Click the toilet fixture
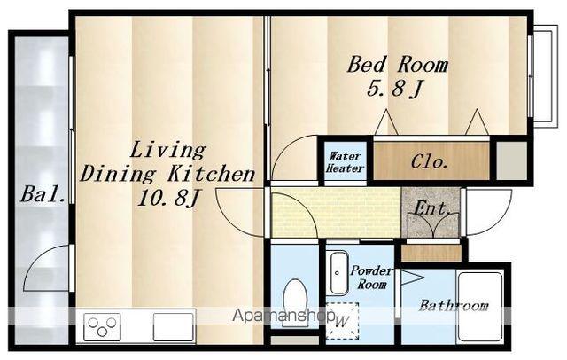click(x=295, y=302)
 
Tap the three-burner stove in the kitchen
click(x=102, y=327)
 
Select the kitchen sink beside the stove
click(x=174, y=327)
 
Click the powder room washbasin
click(x=338, y=273)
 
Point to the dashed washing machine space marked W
click(x=342, y=321)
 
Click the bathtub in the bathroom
click(x=479, y=307)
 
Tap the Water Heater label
click(x=345, y=162)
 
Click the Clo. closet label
click(x=429, y=162)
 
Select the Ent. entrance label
click(x=431, y=208)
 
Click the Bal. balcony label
click(x=43, y=194)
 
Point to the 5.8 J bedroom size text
click(x=395, y=88)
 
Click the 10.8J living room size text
click(x=169, y=198)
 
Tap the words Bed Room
click(x=398, y=65)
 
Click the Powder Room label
click(x=371, y=278)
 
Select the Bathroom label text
click(x=454, y=306)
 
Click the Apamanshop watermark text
click(x=283, y=316)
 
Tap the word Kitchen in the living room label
click(x=212, y=174)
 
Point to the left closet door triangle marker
click(x=386, y=122)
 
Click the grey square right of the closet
click(x=511, y=160)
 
